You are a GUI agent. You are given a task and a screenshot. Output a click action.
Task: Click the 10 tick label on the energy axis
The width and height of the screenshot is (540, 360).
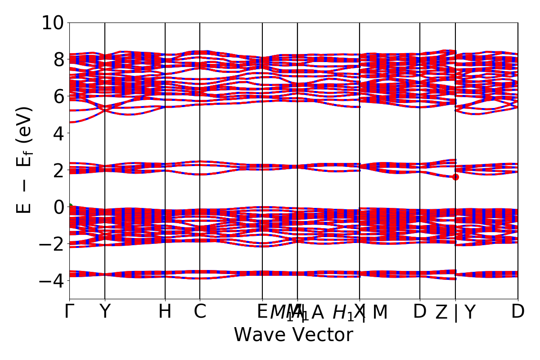coord(53,22)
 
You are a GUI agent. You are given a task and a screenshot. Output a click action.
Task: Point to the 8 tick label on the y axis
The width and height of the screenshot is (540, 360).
coord(58,59)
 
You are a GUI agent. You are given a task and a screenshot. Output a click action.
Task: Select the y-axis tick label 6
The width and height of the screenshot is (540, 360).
coord(58,96)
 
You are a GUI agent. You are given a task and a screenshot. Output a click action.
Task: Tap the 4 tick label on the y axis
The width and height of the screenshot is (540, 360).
coord(58,133)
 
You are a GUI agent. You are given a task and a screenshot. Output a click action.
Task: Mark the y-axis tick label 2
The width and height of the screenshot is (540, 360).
coord(58,170)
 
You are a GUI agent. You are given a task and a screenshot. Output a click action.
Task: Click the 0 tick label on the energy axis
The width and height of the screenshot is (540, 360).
coord(58,207)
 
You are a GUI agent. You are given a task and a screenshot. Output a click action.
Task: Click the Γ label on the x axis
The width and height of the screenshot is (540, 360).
coord(68,312)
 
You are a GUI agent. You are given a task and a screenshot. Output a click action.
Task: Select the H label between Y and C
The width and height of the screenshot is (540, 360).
coord(165,312)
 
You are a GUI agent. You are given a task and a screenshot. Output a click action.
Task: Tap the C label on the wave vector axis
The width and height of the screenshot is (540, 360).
coord(200,312)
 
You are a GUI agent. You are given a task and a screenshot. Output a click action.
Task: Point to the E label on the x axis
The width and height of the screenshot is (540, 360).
coord(262,312)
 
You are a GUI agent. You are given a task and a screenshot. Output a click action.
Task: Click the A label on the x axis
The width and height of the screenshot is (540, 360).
coord(318,312)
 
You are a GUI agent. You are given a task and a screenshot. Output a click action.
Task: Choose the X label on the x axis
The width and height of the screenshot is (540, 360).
coord(359,311)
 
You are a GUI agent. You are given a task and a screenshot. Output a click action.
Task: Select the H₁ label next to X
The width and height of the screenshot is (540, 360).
coord(343,312)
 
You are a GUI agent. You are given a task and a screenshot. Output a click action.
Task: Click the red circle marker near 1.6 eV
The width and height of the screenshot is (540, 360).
coord(455,177)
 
